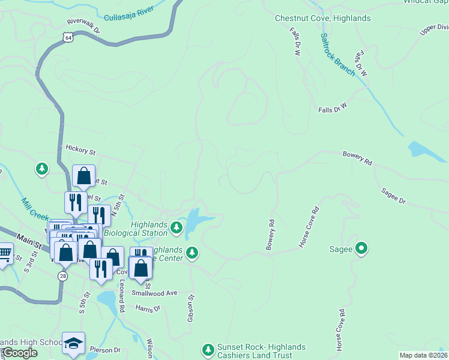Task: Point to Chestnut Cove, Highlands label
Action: tap(322, 18)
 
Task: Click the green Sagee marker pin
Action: tap(361, 248)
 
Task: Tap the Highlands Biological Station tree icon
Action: tap(176, 227)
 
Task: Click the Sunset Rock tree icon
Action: tap(208, 349)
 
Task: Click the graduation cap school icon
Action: tap(73, 343)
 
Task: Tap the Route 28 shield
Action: tap(62, 275)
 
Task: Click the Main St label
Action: tap(29, 239)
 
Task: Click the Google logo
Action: tap(20, 353)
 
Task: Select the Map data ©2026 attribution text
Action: tap(423, 355)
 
